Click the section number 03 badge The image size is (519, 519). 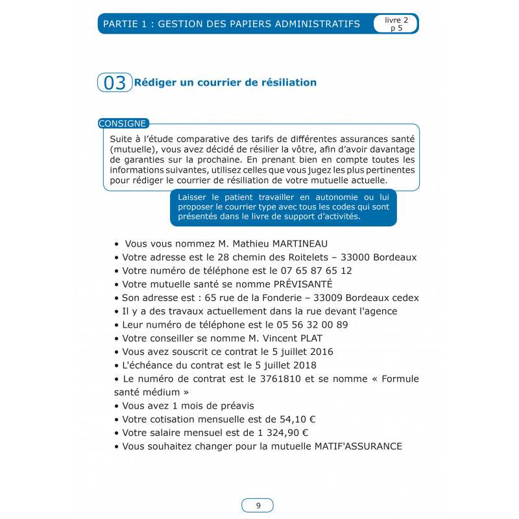115,83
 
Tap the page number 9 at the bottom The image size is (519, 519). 258,506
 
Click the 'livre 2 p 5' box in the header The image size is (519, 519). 395,24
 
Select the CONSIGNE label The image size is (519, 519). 123,123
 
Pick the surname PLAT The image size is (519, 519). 309,338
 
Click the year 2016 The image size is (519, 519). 319,352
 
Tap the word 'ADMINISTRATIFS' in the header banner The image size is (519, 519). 319,24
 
